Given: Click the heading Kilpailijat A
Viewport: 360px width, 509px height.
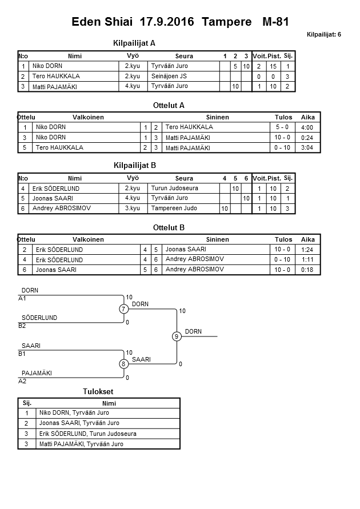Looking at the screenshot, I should tap(135, 43).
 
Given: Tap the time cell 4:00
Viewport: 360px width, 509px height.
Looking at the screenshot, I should tap(307, 127).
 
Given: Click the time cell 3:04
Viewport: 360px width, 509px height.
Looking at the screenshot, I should tap(307, 148).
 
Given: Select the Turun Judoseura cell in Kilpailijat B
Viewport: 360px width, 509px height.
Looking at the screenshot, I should tap(175, 188).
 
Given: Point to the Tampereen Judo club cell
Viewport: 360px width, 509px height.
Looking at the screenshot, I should tap(174, 209).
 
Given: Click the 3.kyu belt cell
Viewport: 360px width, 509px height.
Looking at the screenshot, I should tap(133, 209).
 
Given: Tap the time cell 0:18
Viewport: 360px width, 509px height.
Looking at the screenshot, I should tap(307, 270).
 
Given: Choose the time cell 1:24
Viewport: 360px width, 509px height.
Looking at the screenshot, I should tap(307, 250).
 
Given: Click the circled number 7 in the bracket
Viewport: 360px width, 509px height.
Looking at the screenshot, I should tap(123, 309).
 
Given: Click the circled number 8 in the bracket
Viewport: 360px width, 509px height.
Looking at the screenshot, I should tap(123, 364).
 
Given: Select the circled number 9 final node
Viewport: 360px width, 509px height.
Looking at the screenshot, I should tap(177, 336).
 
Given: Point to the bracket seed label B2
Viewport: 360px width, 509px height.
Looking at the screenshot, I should tap(22, 326).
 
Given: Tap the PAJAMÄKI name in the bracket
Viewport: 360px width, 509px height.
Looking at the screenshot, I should tap(37, 373).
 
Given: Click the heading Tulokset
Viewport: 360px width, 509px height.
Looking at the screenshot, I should tap(98, 391).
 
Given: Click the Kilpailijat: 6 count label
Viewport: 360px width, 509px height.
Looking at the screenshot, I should tap(323, 35).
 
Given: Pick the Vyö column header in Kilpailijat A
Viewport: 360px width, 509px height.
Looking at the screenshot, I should tap(133, 56).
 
